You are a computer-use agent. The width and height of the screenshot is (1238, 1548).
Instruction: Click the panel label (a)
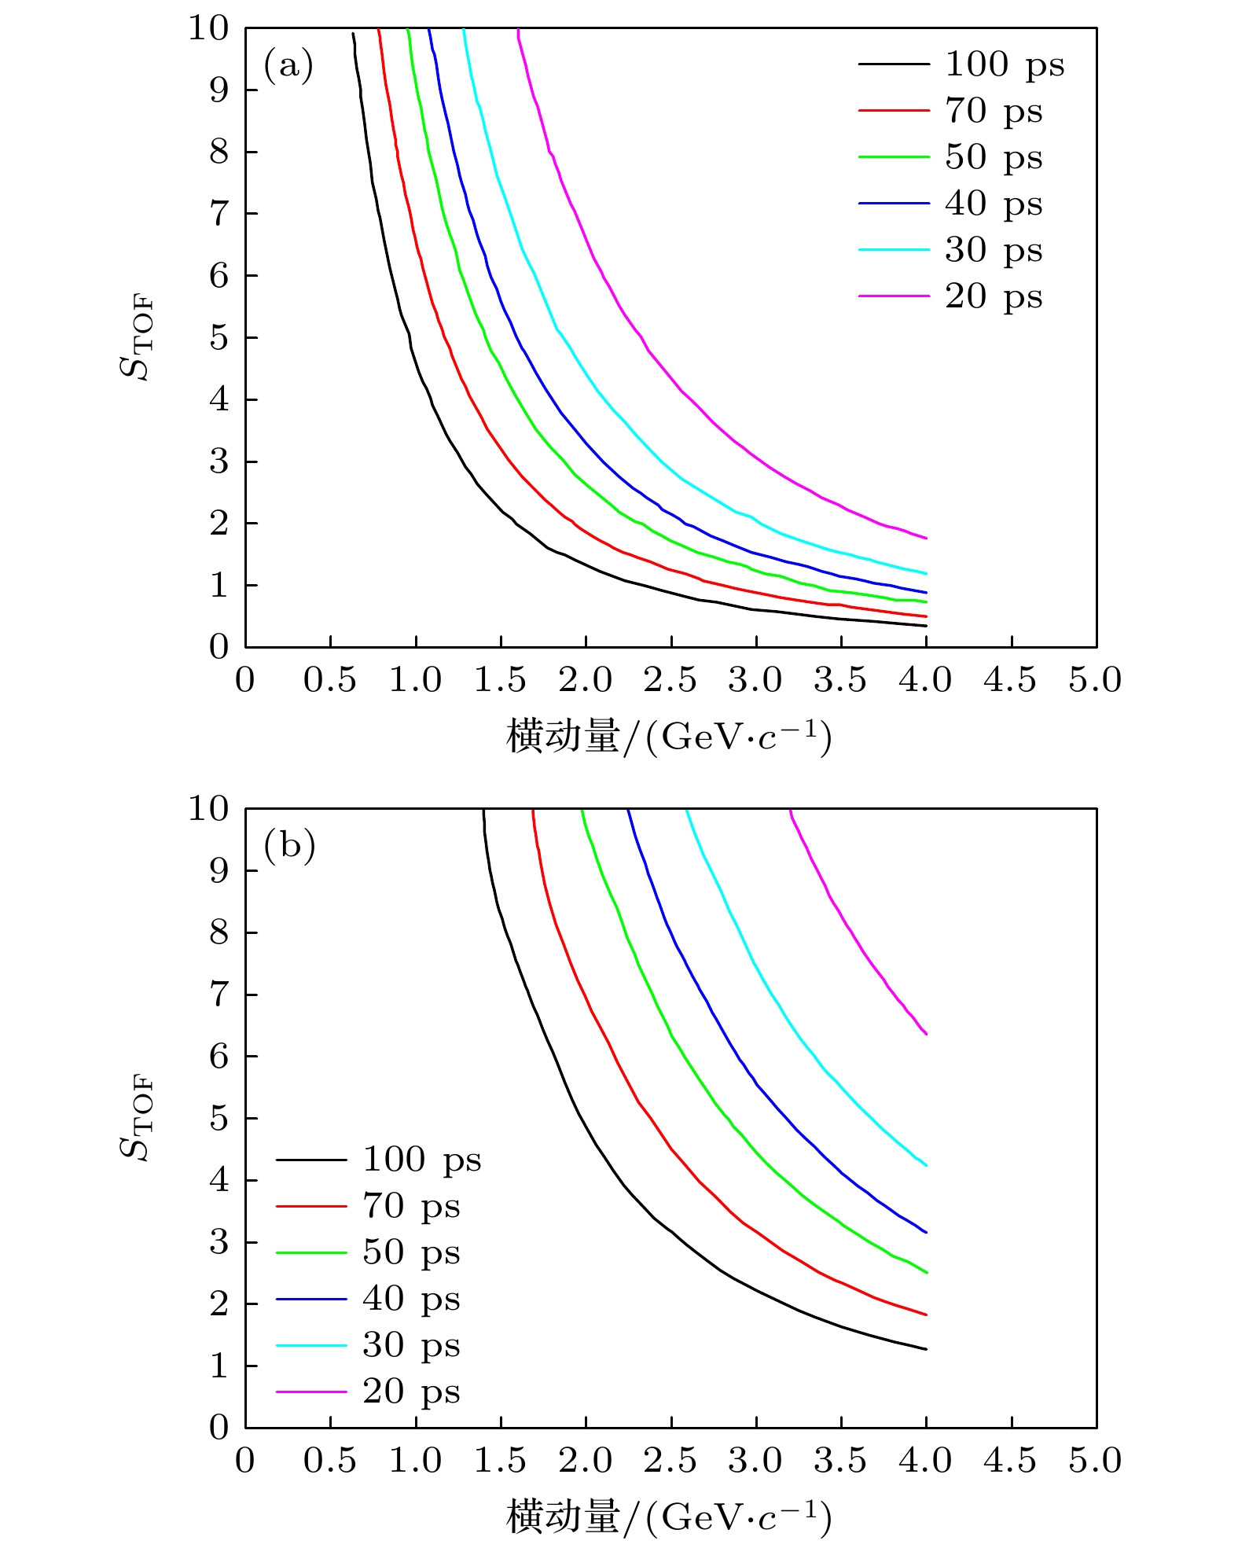click(288, 66)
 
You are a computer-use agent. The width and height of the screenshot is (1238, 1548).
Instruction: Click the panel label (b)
click(289, 846)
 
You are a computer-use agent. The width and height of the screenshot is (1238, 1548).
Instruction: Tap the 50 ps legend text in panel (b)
click(411, 1252)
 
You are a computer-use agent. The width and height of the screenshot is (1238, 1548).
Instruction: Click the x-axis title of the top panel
click(669, 737)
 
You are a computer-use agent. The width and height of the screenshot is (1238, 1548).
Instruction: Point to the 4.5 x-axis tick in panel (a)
click(1010, 680)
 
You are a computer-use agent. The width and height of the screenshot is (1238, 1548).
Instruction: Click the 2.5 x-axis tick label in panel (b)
click(670, 1460)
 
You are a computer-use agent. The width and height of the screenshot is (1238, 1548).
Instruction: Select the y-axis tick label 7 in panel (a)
click(219, 214)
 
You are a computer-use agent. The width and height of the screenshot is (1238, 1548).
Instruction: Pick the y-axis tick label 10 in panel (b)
click(208, 808)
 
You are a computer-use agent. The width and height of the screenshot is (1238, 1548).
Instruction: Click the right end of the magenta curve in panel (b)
click(927, 1034)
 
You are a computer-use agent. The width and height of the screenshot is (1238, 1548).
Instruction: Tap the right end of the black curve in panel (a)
click(927, 626)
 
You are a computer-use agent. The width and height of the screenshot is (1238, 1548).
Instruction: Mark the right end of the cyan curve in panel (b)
click(927, 1165)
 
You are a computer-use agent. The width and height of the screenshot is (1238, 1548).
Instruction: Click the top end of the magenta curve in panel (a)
click(519, 31)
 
